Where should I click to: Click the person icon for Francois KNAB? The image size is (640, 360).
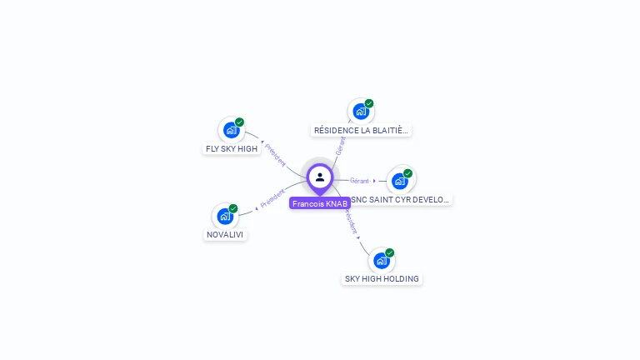[x=320, y=177]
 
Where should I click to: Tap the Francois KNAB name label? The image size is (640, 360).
[x=320, y=203]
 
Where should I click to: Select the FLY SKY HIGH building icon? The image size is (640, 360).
[x=231, y=130]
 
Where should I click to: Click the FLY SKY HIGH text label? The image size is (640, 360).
[x=232, y=149]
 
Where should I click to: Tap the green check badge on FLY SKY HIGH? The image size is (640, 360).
[x=239, y=122]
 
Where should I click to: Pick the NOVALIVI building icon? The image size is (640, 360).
[x=225, y=217]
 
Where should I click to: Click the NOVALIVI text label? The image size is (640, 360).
[x=226, y=235]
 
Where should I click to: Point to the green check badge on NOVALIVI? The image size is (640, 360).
[x=233, y=208]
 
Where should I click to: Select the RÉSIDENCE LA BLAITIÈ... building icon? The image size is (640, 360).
[x=360, y=112]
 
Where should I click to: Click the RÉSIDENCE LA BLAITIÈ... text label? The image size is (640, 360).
[x=362, y=131]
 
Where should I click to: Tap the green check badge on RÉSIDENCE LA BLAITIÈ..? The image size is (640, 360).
[x=369, y=104]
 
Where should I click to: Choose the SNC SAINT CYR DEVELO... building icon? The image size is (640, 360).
[x=400, y=181]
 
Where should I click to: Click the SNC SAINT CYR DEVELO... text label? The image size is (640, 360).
[x=401, y=200]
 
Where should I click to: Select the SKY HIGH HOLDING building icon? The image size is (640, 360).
[x=381, y=261]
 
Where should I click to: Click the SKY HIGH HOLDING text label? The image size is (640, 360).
[x=382, y=279]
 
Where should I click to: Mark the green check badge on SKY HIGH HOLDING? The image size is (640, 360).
[x=390, y=252]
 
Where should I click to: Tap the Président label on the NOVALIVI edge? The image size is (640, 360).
[x=272, y=197]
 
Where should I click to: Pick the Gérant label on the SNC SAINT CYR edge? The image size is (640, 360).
[x=359, y=181]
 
